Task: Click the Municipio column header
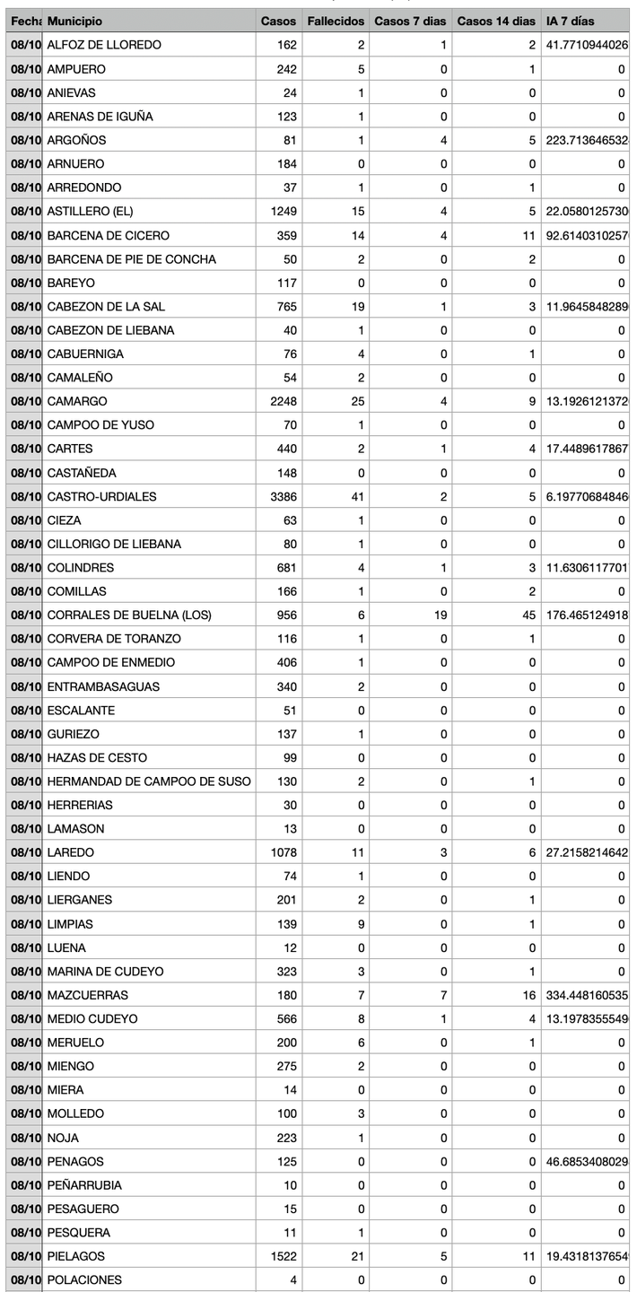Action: coord(74,21)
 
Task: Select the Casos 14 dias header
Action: coord(496,21)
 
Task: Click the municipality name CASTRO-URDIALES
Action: coord(101,496)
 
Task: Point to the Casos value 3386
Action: coord(283,496)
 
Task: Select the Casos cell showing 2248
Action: coord(283,401)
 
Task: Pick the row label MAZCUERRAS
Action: coord(87,995)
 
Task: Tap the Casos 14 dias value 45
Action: coord(528,615)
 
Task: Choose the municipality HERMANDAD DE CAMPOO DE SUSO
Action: coord(149,781)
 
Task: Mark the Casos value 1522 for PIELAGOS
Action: coord(283,1256)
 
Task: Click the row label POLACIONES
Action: coord(84,1280)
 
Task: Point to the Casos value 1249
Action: coord(283,211)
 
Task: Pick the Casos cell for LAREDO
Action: coord(283,852)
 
